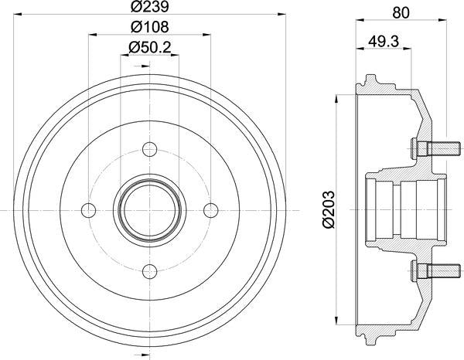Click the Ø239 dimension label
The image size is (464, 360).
tap(148, 8)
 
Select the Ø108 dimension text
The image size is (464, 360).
tap(148, 26)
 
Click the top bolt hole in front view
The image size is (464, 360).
tap(149, 148)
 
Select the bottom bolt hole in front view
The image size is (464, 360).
tap(149, 269)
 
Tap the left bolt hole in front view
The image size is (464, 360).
tap(89, 209)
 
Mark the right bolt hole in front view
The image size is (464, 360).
tap(210, 209)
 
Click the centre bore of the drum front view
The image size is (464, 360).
tap(149, 209)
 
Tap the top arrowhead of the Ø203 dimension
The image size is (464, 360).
tap(337, 99)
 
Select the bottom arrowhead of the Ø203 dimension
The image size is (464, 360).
tap(337, 320)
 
